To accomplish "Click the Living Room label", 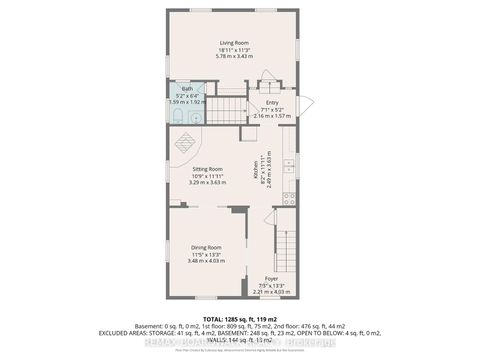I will [x=233, y=42].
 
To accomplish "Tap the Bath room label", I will [x=186, y=89].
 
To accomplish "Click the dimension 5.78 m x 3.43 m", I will [x=233, y=56].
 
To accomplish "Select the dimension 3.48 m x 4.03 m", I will [x=206, y=262].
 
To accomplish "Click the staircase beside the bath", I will [x=231, y=107].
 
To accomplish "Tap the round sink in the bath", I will [x=194, y=118].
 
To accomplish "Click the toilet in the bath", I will [x=175, y=118].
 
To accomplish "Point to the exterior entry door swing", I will [x=306, y=104].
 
